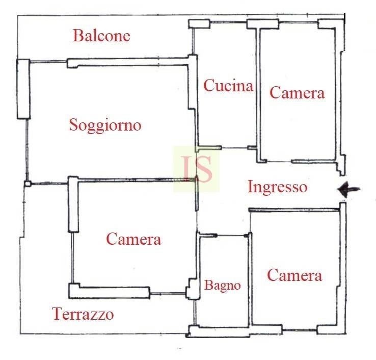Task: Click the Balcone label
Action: pyautogui.click(x=101, y=36)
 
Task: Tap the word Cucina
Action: pyautogui.click(x=228, y=85)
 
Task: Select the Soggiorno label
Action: pyautogui.click(x=105, y=125)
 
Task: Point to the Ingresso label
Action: pyautogui.click(x=278, y=187)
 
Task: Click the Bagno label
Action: pyautogui.click(x=223, y=286)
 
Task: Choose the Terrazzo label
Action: pyautogui.click(x=83, y=314)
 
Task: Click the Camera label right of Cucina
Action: pyautogui.click(x=297, y=93)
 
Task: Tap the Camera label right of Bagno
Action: pyautogui.click(x=294, y=275)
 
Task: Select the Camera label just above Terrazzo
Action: pyautogui.click(x=133, y=239)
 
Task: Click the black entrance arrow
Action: pyautogui.click(x=348, y=189)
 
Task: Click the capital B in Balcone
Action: pyautogui.click(x=77, y=36)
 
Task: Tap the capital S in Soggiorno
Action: pyautogui.click(x=73, y=124)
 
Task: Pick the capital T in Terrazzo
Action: pyautogui.click(x=57, y=314)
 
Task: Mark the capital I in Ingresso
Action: pyautogui.click(x=251, y=187)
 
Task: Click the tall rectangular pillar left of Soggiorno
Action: pyautogui.click(x=23, y=89)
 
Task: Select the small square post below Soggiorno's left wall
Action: pyautogui.click(x=28, y=184)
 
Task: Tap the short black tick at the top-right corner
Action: pyautogui.click(x=344, y=19)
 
